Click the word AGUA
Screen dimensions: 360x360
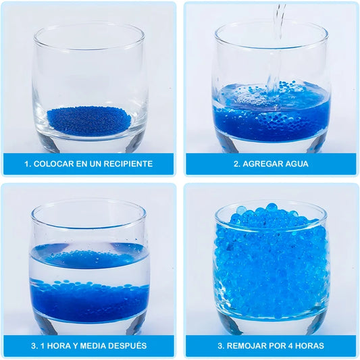pos(296,164)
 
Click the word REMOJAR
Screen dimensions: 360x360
pos(246,346)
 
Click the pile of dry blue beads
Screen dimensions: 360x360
pos(89,120)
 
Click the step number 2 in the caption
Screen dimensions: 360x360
pos(236,164)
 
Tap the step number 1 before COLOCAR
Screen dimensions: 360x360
pos(27,164)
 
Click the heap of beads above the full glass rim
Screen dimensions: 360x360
pos(272,214)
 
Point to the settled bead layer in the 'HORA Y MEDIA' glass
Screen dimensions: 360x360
pos(89,299)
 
